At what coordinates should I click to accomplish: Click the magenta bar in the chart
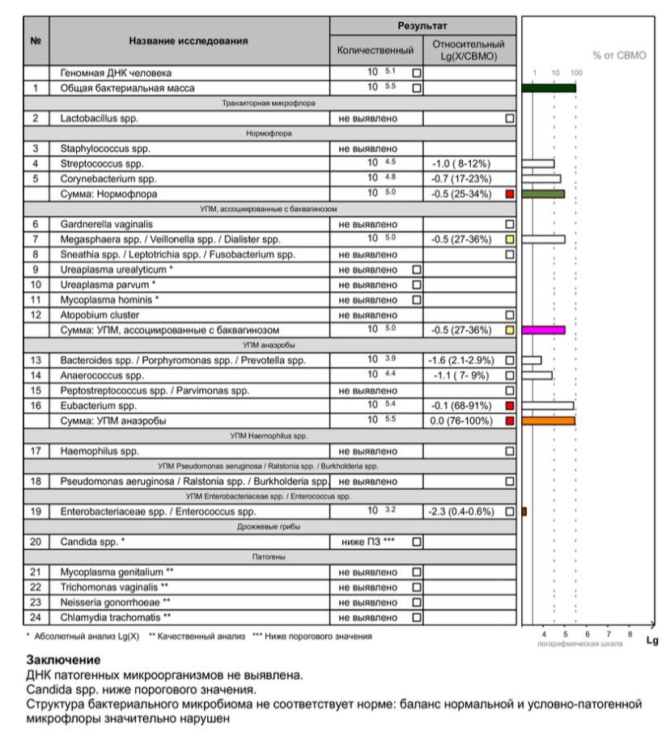click(x=544, y=330)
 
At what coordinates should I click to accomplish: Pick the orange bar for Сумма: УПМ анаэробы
click(x=549, y=420)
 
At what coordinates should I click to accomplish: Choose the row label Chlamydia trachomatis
click(x=115, y=618)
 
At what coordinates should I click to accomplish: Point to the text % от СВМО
click(x=619, y=56)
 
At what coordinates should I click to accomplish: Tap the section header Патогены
click(x=282, y=557)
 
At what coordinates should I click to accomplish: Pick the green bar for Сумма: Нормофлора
click(x=543, y=194)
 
